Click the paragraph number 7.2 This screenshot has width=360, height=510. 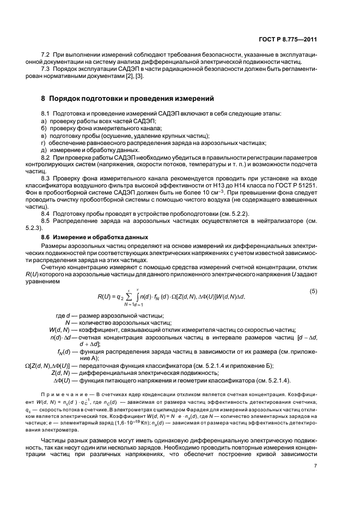tap(47, 55)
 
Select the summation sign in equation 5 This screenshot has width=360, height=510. tap(128, 297)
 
